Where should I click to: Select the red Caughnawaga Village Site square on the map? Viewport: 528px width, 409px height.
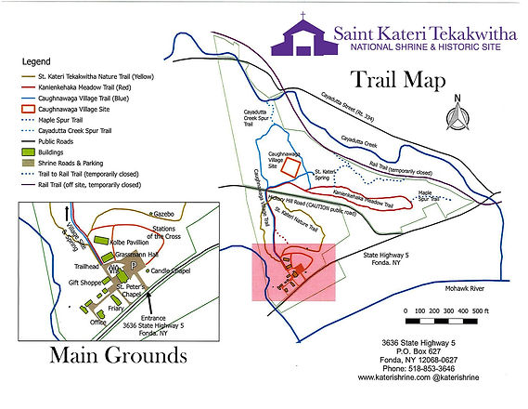coord(291,165)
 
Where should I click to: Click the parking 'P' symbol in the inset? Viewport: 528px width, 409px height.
coord(134,268)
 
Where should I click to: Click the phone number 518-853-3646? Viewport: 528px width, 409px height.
coord(393,368)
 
